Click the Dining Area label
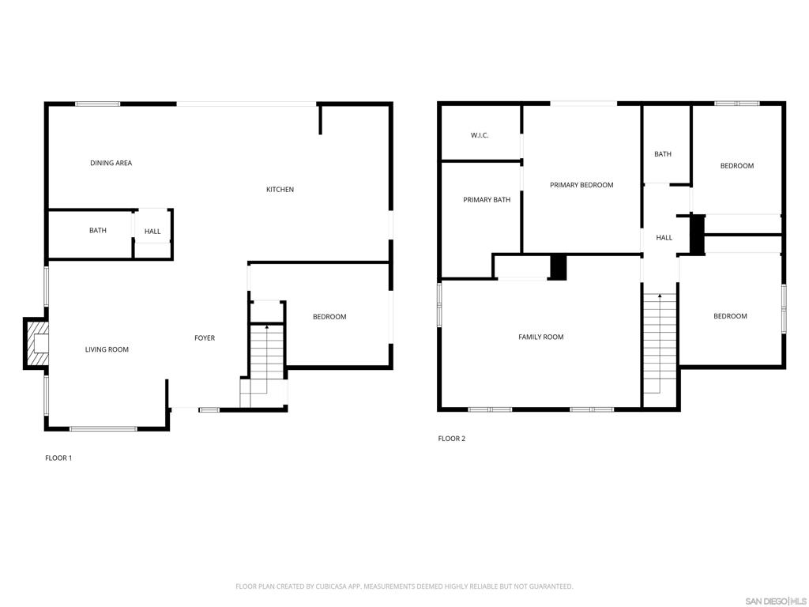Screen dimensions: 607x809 pos(111,163)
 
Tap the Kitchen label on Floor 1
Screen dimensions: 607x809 pos(280,190)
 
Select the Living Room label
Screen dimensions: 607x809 pos(107,349)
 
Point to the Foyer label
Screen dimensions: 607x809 pos(205,338)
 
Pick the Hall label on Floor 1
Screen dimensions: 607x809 pos(152,232)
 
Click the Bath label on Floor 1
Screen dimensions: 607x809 pos(97,231)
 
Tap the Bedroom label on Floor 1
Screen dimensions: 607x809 pos(329,317)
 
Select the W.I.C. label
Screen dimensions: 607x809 pos(480,135)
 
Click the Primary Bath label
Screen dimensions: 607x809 pos(487,200)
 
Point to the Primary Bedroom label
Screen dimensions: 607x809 pos(581,185)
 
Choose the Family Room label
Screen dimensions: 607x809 pos(541,337)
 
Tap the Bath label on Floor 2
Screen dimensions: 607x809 pos(663,154)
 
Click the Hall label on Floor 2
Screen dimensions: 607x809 pos(664,238)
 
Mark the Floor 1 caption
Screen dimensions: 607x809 pos(58,458)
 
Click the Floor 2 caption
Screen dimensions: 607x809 pos(452,439)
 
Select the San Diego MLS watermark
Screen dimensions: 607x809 pos(775,601)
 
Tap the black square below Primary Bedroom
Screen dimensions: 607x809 pos(559,266)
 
